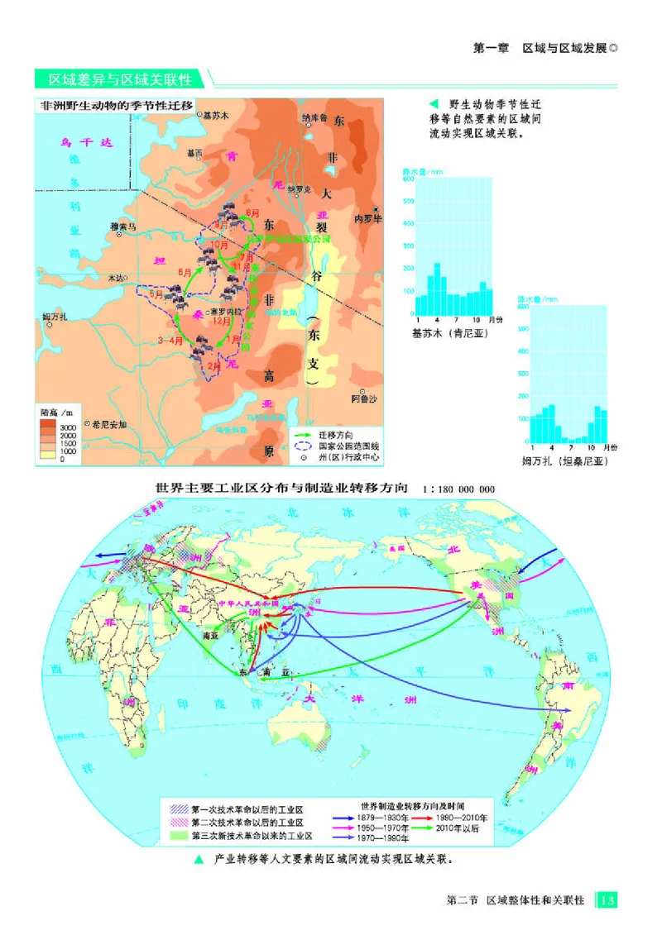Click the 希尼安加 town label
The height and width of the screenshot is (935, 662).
pos(109,423)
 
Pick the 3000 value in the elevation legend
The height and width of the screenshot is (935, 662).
pos(68,427)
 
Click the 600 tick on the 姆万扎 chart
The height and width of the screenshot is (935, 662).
pos(523,306)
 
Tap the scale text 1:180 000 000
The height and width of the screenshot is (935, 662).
pos(458,489)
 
